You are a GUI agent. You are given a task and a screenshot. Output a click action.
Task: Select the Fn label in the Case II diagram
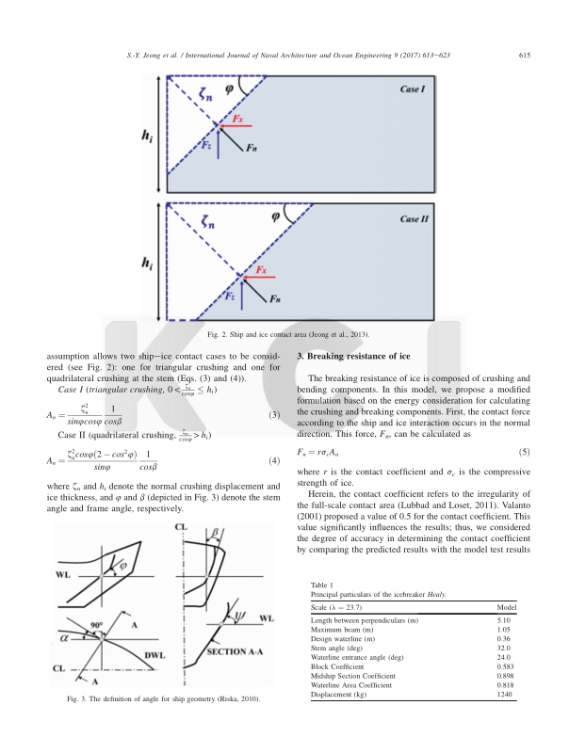[x=274, y=299]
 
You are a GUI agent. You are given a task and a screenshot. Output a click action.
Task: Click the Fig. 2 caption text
[x=286, y=334]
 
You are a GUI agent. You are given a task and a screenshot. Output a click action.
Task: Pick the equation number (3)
[x=274, y=415]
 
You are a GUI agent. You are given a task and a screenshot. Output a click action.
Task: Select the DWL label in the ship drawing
[x=146, y=655]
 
